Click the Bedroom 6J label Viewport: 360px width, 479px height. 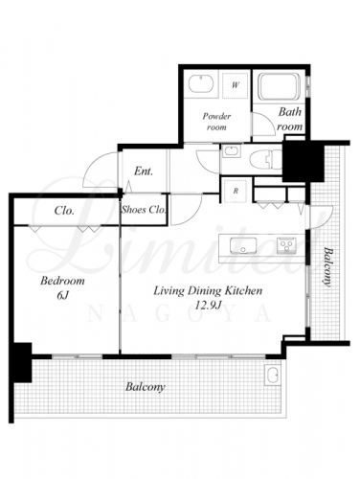(62, 287)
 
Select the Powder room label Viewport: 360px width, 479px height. (216, 122)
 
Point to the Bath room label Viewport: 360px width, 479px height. (290, 119)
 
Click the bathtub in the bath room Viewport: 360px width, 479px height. (280, 86)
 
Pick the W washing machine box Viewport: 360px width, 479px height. (236, 85)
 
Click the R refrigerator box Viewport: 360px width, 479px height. (236, 191)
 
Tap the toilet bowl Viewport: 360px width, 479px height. (266, 159)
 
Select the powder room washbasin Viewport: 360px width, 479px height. (201, 83)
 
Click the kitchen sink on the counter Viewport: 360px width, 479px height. (243, 245)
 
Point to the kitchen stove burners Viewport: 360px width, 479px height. (286, 245)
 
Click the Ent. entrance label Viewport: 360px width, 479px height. (144, 171)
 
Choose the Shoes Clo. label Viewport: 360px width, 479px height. (144, 210)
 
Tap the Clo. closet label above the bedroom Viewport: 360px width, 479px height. (64, 211)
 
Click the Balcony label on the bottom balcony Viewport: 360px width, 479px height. (146, 387)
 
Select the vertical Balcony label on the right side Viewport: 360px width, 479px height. (326, 267)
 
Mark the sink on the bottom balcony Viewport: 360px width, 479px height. (272, 375)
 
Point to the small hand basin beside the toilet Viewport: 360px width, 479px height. (232, 150)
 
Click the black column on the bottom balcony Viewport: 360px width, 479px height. (22, 362)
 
